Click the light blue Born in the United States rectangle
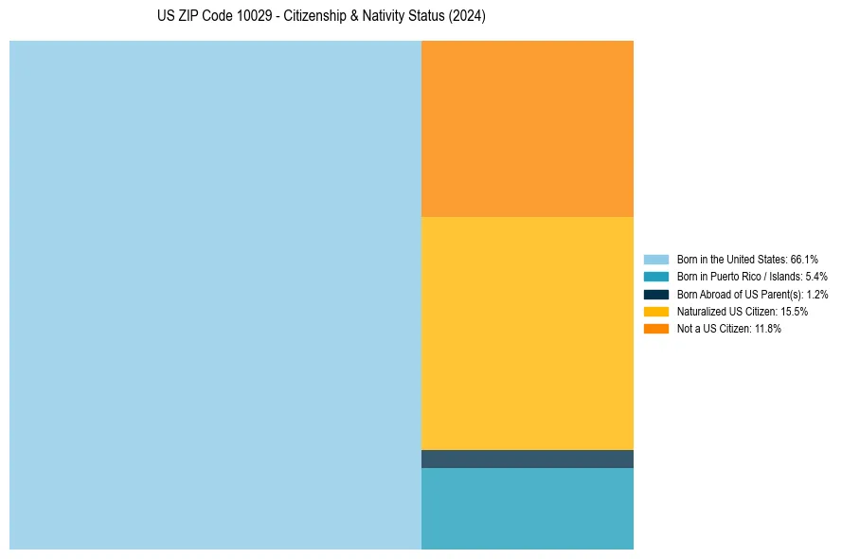[215, 295]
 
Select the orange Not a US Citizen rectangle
[527, 129]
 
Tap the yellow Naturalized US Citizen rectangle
[527, 334]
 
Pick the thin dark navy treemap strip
[527, 459]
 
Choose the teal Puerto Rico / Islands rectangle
[527, 508]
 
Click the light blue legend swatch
[656, 259]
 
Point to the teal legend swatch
[656, 277]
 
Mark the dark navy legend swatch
[656, 294]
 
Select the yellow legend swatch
[656, 311]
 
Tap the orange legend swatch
[656, 329]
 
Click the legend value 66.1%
[804, 259]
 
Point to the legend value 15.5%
[794, 312]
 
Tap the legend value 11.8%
[768, 329]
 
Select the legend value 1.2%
[816, 294]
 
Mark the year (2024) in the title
[468, 17]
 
